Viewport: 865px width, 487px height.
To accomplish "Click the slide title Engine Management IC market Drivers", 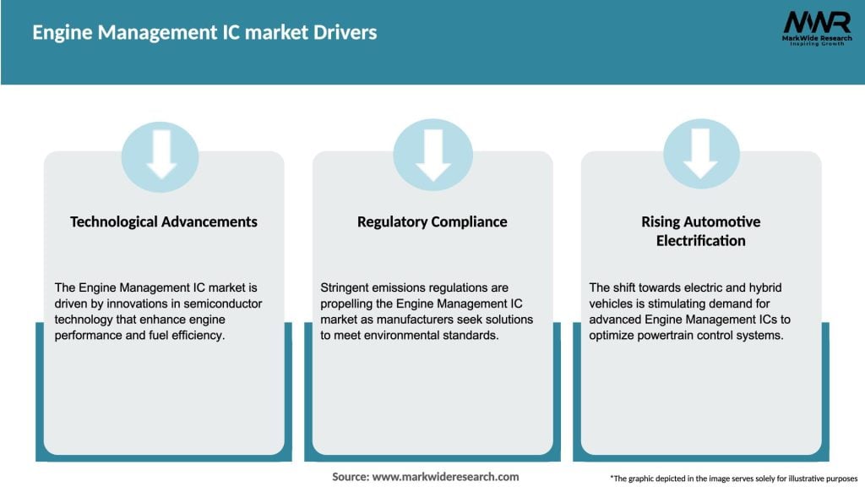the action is [x=204, y=33].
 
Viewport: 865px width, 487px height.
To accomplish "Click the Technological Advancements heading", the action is [x=163, y=222].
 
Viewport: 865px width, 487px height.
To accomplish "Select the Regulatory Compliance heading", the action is [x=432, y=222].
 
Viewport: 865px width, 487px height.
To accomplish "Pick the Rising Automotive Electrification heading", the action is [x=700, y=231].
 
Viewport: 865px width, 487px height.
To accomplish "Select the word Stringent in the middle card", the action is [x=347, y=288].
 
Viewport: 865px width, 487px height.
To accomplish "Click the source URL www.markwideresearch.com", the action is [x=445, y=477].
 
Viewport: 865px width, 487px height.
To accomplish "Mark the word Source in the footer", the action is [x=350, y=477].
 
